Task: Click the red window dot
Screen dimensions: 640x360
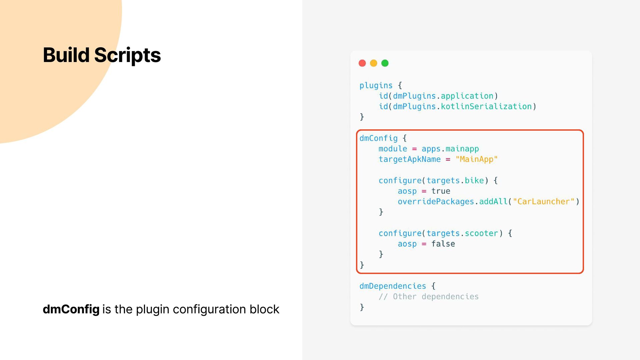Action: (x=362, y=63)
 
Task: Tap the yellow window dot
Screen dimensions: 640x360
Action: (x=373, y=63)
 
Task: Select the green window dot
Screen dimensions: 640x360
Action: (x=385, y=63)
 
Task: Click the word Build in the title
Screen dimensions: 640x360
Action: (x=66, y=55)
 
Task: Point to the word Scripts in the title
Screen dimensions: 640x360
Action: (x=127, y=55)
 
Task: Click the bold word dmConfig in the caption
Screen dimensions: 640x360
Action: (x=71, y=309)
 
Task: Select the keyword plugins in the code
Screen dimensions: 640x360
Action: (x=376, y=86)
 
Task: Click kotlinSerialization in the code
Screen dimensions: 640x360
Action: (x=486, y=107)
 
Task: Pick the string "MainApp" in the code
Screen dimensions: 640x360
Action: (x=476, y=159)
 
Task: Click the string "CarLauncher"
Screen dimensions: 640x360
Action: (x=544, y=202)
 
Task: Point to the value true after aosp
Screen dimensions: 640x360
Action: (x=441, y=191)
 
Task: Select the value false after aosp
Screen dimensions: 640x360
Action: (x=443, y=244)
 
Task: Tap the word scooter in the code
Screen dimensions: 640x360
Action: (x=481, y=233)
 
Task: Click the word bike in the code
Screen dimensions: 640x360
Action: (x=474, y=181)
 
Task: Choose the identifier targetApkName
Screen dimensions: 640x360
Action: (x=409, y=159)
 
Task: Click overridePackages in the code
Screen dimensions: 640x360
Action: (x=436, y=202)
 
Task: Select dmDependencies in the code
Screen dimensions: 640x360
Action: (x=393, y=286)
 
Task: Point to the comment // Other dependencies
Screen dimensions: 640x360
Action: (x=429, y=297)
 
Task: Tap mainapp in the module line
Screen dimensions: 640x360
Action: (x=462, y=149)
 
